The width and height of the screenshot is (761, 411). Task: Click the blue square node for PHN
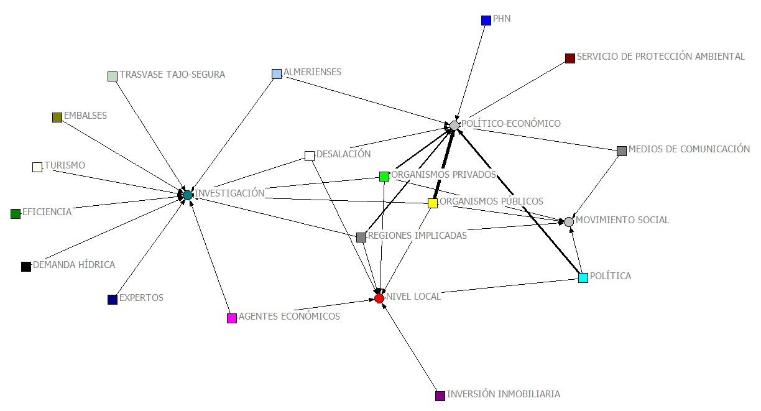coord(486,21)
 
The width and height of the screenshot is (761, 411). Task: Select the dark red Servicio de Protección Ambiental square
coord(570,58)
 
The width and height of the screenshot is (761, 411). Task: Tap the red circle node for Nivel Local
coord(379,298)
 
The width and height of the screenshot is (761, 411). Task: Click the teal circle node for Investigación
coord(187,195)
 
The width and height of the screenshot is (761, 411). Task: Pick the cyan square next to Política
coord(583,277)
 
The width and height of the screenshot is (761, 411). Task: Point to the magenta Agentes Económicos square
coord(232,318)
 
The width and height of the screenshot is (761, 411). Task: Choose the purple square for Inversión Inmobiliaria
coord(440,395)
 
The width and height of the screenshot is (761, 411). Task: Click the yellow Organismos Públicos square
coord(433,203)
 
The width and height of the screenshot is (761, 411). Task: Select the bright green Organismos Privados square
coord(384,177)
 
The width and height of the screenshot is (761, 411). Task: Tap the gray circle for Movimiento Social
coord(569,222)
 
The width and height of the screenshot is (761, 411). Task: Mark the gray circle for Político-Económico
coord(454,126)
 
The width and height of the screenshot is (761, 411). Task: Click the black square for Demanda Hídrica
coord(26,267)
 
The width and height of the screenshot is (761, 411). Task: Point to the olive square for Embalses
coord(57,117)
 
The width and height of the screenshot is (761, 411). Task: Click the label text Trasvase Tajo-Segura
coord(172,75)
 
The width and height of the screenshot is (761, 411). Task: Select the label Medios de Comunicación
coord(689,149)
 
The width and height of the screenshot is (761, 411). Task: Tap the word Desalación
coord(343,154)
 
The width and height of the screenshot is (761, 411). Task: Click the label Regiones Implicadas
coord(417,236)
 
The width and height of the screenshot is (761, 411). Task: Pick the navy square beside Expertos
coord(113,300)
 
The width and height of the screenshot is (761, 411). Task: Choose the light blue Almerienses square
coord(277,74)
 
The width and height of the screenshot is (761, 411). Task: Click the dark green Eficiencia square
coord(16,214)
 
